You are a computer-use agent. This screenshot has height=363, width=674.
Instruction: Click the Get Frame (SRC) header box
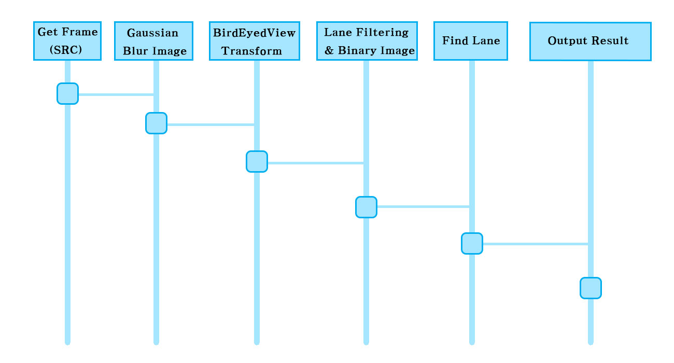click(x=67, y=41)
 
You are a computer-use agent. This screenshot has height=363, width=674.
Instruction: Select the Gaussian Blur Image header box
click(x=153, y=41)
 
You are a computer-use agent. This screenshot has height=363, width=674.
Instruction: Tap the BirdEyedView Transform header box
click(x=254, y=41)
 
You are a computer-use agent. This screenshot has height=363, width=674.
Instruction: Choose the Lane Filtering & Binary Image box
click(x=367, y=41)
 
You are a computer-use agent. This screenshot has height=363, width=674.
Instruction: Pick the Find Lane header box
click(x=471, y=41)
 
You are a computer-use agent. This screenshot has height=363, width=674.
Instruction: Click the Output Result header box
click(x=590, y=41)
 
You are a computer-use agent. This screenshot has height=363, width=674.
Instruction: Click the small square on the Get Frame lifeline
click(x=67, y=93)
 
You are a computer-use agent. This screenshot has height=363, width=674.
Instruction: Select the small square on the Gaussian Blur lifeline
click(x=156, y=123)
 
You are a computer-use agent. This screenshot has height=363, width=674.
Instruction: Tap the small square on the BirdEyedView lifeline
click(x=257, y=161)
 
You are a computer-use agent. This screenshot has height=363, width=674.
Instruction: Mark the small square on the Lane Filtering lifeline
click(x=366, y=207)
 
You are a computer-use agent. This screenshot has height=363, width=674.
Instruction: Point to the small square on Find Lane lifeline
click(x=472, y=243)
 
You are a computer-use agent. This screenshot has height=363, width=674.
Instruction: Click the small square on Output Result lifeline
click(x=591, y=288)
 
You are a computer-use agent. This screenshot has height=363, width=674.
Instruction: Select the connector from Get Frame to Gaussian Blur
click(x=116, y=94)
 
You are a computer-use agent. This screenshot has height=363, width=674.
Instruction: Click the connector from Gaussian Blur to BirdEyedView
click(x=210, y=124)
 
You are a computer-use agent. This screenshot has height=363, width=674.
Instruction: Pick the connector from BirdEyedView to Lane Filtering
click(x=315, y=163)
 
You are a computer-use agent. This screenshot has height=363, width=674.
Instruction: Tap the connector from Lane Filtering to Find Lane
click(x=423, y=206)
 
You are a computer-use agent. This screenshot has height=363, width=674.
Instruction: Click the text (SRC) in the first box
click(x=67, y=50)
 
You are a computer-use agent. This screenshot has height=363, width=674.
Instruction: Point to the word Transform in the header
click(x=252, y=51)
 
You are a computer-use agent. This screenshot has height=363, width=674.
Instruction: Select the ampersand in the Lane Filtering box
click(x=329, y=51)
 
